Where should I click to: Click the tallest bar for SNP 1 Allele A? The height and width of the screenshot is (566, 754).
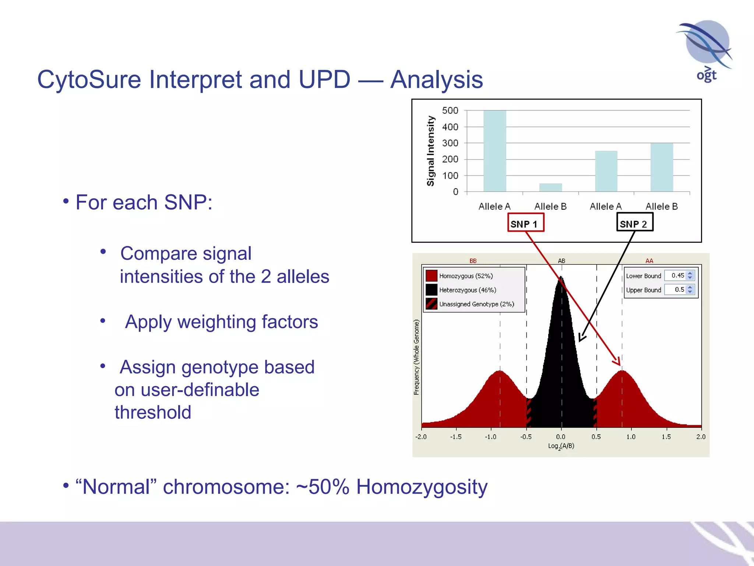[x=494, y=151]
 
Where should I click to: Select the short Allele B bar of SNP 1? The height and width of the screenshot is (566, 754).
[x=550, y=187]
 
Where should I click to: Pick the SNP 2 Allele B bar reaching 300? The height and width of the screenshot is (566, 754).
[x=662, y=167]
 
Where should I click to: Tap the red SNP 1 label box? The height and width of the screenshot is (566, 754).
[x=525, y=223]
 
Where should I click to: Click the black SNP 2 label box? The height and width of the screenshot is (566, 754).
[x=634, y=223]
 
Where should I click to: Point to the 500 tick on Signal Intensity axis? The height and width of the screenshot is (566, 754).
[x=450, y=111]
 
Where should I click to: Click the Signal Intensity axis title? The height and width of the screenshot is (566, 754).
[x=430, y=151]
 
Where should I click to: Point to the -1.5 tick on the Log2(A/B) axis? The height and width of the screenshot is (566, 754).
[x=456, y=437]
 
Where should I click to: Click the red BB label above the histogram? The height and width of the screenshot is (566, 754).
[x=473, y=261]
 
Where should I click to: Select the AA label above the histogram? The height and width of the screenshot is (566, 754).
[x=649, y=261]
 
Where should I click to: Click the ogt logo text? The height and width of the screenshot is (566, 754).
[x=706, y=75]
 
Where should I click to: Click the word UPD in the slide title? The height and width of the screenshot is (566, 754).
[x=324, y=80]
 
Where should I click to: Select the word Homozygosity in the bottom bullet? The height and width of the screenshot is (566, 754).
[x=422, y=487]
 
